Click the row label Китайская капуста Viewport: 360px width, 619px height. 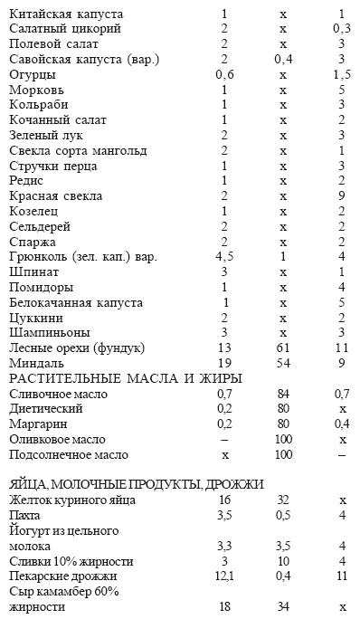66,14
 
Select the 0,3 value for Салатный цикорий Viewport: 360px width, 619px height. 342,30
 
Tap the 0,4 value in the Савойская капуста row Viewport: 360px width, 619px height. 283,60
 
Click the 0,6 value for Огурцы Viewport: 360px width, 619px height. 224,75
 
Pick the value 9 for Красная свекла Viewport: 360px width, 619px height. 342,196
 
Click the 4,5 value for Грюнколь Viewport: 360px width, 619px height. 224,257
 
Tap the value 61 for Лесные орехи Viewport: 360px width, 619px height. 283,348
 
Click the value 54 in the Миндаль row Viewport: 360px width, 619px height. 283,363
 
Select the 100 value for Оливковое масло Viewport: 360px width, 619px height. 283,439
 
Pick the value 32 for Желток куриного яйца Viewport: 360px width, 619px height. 283,500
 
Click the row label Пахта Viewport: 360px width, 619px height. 25,515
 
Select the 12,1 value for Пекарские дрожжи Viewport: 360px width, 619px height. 224,576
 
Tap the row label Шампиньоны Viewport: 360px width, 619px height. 47,332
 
